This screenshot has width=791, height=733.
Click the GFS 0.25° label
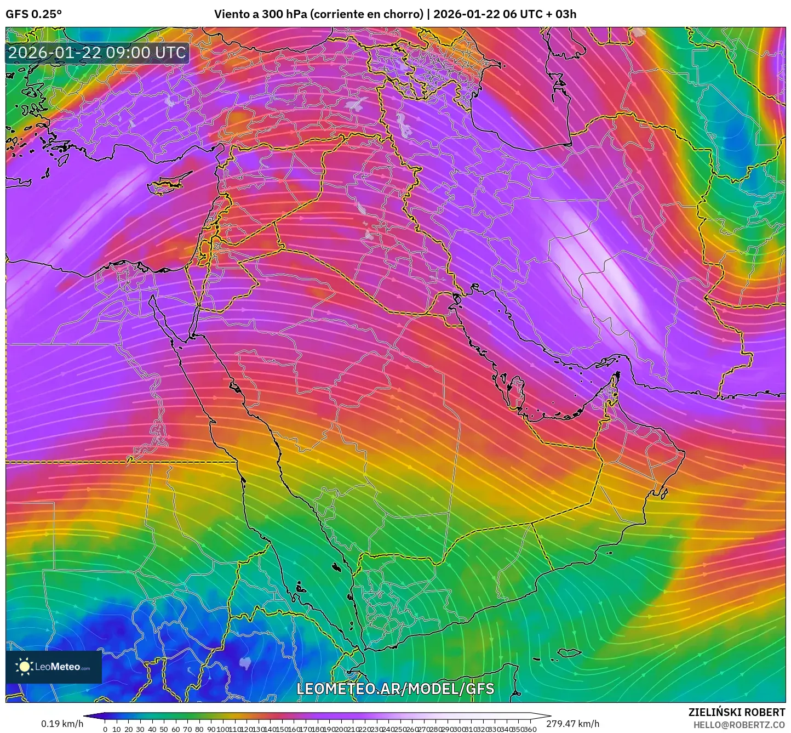[33, 14]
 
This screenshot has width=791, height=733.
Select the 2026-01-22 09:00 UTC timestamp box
[97, 53]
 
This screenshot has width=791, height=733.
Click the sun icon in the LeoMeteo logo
[24, 667]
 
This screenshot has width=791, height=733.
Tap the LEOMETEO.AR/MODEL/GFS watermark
[395, 689]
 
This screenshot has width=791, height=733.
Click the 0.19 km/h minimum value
[62, 724]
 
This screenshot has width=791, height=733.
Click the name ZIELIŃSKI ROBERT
[737, 712]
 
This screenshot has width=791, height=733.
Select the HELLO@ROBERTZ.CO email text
[739, 725]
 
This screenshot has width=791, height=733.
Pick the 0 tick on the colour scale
[105, 729]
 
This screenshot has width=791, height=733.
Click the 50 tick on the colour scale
[164, 729]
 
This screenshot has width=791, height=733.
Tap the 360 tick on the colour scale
[530, 729]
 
